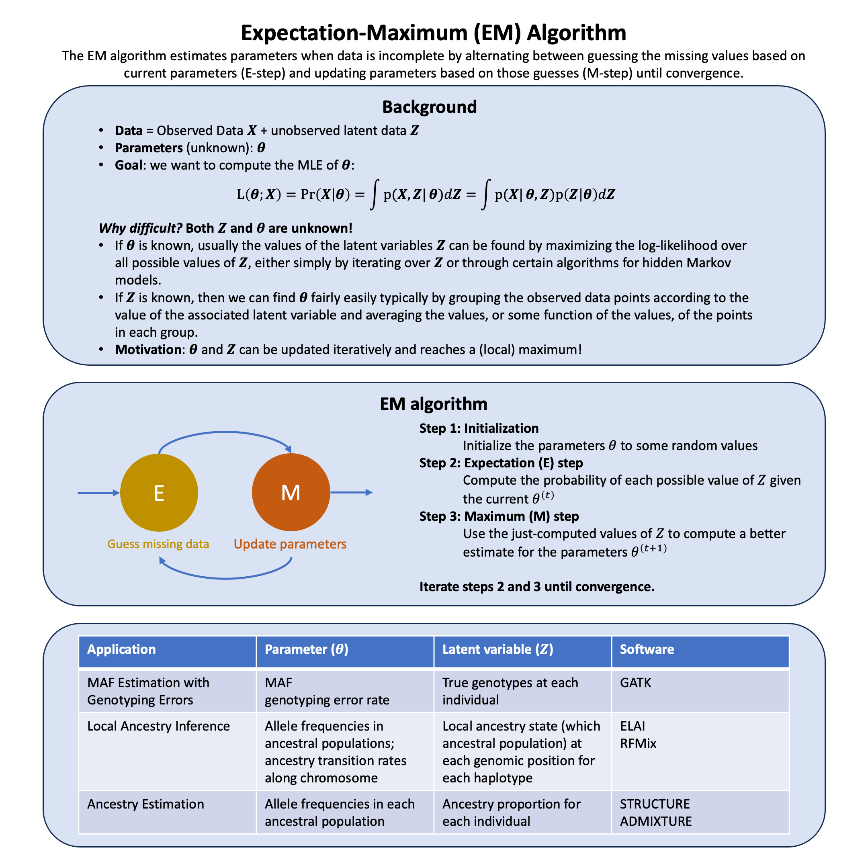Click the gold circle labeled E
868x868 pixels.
[x=159, y=493]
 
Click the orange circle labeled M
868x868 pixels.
[x=291, y=492]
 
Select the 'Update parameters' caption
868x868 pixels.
[x=290, y=544]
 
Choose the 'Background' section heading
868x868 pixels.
[x=429, y=107]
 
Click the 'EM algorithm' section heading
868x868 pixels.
[x=433, y=404]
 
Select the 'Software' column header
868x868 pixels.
[x=647, y=649]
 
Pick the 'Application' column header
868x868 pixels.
[x=121, y=649]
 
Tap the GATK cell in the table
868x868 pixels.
[x=635, y=683]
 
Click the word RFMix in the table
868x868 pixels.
[x=638, y=743]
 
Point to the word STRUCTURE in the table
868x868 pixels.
[x=655, y=804]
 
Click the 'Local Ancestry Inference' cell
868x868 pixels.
[x=158, y=726]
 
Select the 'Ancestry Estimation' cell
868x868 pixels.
[x=145, y=804]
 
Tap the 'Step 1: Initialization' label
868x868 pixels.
[x=479, y=428]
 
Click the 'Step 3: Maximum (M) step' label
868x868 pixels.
[x=499, y=516]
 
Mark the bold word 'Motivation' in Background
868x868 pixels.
[x=149, y=350]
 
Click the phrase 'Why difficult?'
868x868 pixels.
[x=140, y=228]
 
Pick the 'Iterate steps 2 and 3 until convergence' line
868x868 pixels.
[x=536, y=587]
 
